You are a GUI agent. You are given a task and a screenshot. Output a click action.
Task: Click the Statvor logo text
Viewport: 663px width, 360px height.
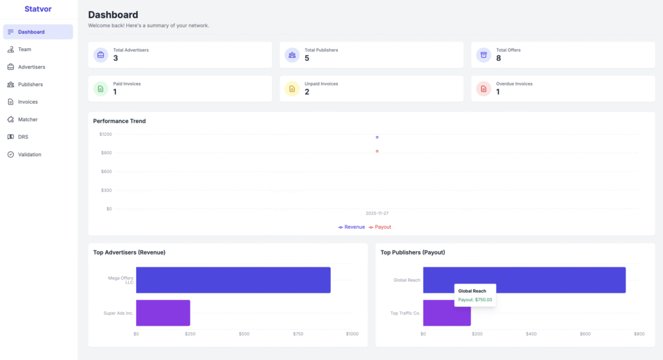coord(38,9)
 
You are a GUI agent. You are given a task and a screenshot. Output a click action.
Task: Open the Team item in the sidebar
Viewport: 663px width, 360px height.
coord(25,49)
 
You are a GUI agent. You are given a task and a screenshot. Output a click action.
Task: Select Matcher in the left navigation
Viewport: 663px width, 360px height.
coord(27,120)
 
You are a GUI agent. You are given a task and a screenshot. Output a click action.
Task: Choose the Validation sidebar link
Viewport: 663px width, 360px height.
coord(29,155)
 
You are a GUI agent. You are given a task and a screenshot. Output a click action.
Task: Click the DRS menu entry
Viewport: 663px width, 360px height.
coord(23,137)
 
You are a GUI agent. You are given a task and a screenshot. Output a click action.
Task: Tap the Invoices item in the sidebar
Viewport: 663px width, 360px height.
coord(27,102)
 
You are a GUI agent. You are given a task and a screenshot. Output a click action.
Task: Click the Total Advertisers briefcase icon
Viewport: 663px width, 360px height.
coord(100,55)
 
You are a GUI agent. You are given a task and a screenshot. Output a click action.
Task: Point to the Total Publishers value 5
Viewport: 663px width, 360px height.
coord(308,59)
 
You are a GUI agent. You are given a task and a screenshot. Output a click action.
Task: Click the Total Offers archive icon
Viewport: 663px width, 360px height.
coord(484,55)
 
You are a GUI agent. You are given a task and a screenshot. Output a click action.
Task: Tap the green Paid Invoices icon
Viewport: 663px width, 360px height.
coord(100,89)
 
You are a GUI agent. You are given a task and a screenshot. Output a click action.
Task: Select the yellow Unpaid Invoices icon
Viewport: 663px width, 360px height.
coord(292,89)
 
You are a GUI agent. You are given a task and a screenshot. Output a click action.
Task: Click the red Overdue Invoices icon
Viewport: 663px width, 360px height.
coord(484,89)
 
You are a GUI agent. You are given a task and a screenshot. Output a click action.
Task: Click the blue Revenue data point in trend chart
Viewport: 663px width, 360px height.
coord(377,137)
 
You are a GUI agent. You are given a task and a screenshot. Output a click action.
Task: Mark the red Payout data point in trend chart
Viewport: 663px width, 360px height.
coord(377,152)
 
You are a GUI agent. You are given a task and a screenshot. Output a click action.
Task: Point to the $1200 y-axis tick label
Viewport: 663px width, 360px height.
coord(106,134)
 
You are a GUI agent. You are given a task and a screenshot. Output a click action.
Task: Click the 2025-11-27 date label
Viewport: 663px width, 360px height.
coord(377,214)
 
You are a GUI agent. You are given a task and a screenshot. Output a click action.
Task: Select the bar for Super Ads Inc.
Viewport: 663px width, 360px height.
coord(163,313)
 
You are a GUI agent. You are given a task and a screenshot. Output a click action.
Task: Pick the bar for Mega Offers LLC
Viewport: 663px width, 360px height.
coord(233,280)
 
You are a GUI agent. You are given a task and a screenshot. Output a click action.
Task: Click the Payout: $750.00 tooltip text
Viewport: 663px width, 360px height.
coord(475,300)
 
